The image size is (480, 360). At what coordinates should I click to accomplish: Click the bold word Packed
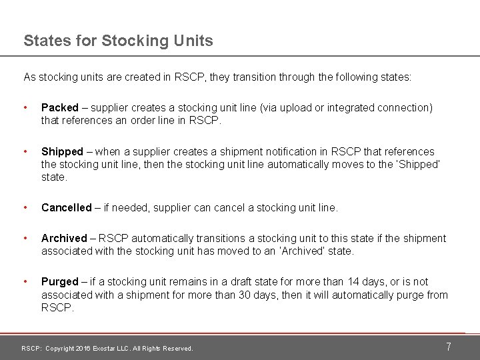pos(60,107)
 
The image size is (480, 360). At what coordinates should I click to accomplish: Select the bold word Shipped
pos(62,151)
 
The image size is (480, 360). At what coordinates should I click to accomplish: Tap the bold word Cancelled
pos(66,207)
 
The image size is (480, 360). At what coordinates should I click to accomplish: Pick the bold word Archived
pos(64,238)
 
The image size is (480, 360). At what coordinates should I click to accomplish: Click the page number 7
pos(449,347)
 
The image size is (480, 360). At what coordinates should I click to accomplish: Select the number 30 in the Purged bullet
pos(245,295)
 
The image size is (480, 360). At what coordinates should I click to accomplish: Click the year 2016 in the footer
pos(83,349)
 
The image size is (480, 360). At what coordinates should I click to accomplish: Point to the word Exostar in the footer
pos(105,349)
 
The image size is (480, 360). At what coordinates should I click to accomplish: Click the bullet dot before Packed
pos(25,107)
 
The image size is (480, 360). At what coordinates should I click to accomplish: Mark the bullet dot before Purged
pos(25,281)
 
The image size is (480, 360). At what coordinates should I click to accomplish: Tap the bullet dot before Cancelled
pos(25,207)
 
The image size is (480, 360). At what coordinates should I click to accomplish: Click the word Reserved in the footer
pos(177,349)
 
